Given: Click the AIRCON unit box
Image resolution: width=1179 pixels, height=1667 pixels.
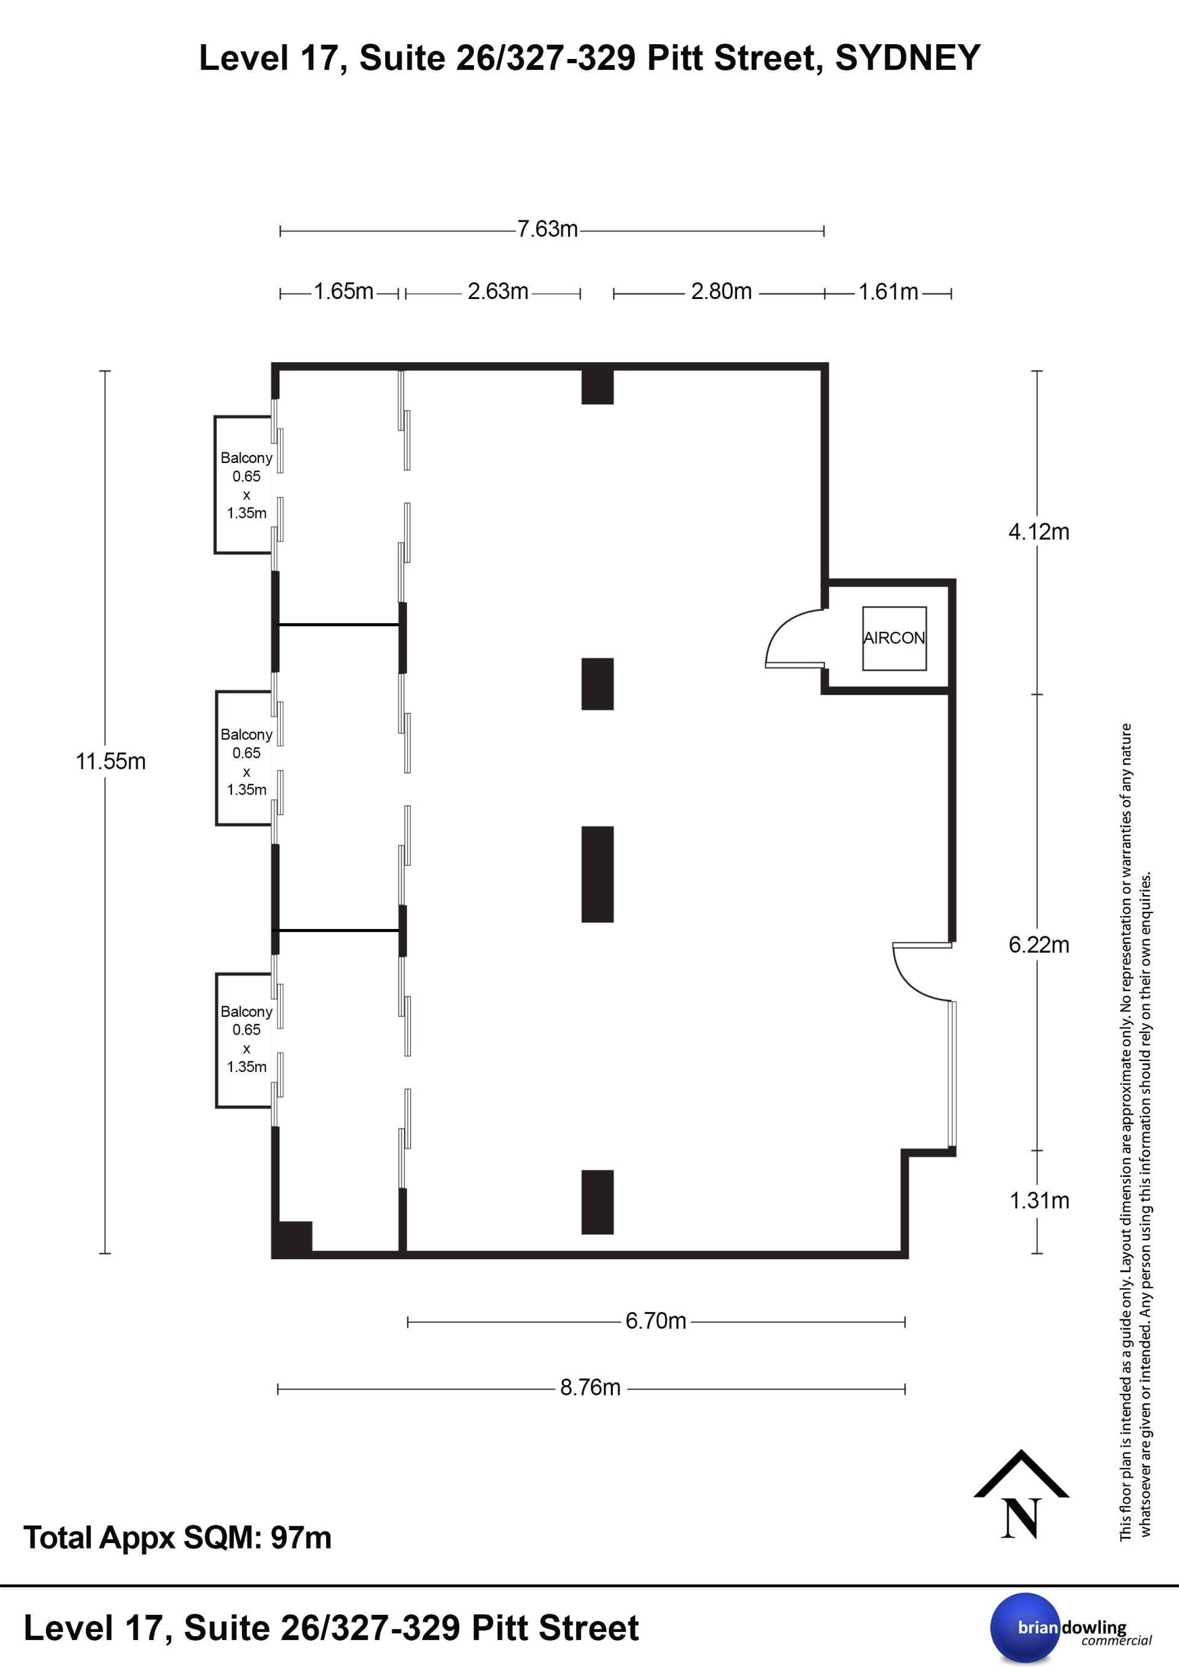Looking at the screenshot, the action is pos(893,638).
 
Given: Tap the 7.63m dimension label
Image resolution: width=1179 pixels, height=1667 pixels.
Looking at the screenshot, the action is pos(547,230).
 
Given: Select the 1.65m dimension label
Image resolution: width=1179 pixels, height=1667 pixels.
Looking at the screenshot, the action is pos(343,292).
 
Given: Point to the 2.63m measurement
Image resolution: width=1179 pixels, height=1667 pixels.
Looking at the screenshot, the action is pos(497,292).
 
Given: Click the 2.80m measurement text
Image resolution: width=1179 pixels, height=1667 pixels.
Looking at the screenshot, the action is pos(721,292).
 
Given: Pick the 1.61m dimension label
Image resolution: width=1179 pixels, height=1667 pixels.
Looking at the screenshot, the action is pos(889,292).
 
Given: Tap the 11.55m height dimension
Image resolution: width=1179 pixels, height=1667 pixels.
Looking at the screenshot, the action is pos(111,761).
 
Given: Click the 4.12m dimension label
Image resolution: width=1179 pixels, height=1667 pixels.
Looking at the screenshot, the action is pos(1039,532).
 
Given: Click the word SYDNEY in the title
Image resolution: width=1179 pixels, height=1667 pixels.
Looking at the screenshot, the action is pos(908,58).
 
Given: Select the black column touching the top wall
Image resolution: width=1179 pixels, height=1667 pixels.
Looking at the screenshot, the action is pos(597,386).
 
